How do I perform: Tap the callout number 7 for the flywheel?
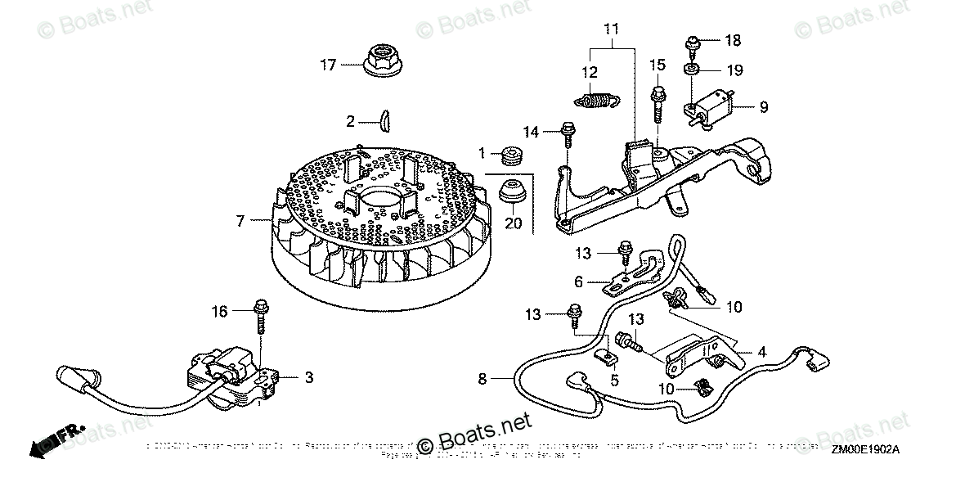(x=240, y=221)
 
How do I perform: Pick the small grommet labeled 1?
(x=514, y=153)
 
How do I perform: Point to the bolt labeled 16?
(x=262, y=315)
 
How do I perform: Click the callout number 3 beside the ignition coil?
(x=309, y=377)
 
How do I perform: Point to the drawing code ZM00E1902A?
(x=866, y=449)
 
